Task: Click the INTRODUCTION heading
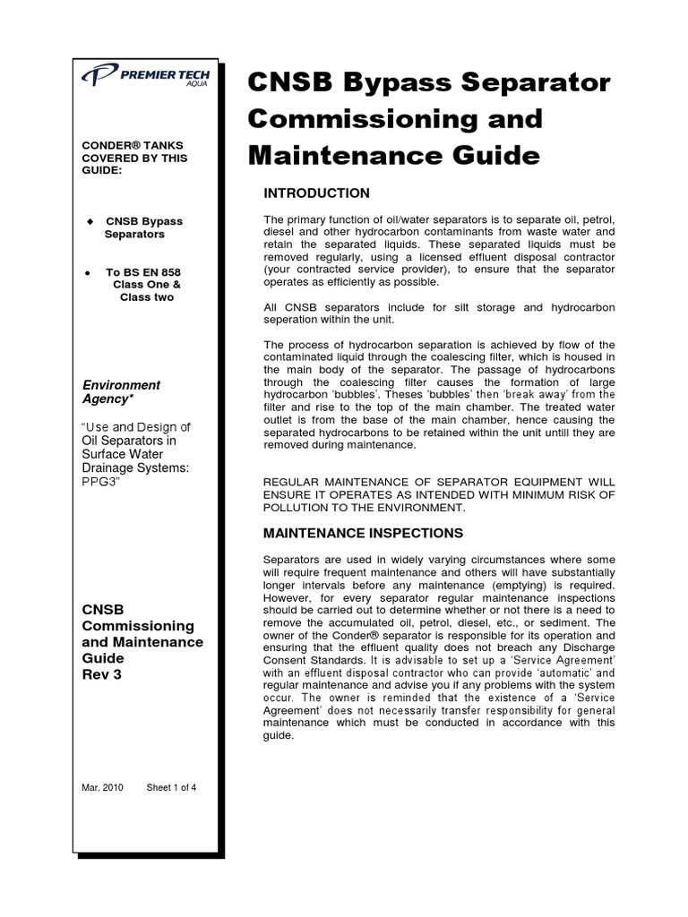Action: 315,193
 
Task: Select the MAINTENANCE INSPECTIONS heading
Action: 363,533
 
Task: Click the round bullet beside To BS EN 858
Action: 87,271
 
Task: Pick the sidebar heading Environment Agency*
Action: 121,391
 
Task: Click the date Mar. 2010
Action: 102,788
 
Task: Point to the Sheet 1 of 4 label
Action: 171,788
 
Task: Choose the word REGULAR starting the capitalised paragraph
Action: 291,483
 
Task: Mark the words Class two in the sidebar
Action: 147,296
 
